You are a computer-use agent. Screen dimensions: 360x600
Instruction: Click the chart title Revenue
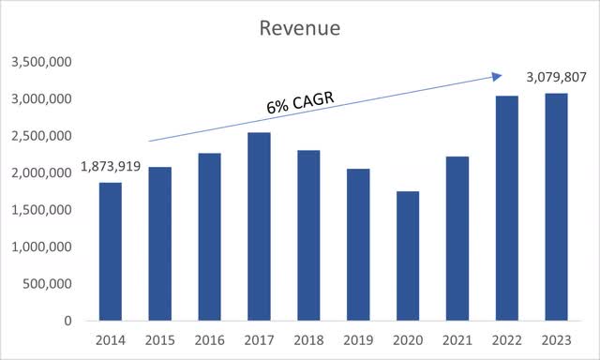pyautogui.click(x=300, y=29)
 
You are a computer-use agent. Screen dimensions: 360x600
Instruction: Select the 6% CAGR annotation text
pyautogui.click(x=300, y=104)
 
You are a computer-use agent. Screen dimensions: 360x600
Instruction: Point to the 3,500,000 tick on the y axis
pyautogui.click(x=40, y=63)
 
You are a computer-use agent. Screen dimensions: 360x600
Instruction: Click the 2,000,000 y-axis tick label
pyautogui.click(x=40, y=173)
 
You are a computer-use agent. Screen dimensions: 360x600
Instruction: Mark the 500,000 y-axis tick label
pyautogui.click(x=46, y=284)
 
